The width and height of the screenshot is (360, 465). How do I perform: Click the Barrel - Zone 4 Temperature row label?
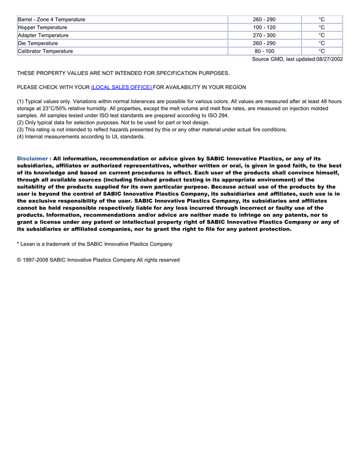51,20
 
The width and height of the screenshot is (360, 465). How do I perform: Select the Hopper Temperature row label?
42,27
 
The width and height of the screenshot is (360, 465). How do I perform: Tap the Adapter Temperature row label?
43,35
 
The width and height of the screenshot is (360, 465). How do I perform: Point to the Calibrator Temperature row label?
45,51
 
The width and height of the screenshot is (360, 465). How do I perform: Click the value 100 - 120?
264,27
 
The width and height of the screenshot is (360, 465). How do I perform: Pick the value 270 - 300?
264,35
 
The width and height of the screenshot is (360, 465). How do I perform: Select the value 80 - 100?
264,51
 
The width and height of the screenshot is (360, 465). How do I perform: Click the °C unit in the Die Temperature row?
321,43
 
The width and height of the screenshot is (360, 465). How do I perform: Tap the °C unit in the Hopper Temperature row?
321,27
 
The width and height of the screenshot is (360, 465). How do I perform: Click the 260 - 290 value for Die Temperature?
264,43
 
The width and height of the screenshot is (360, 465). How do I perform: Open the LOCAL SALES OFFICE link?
121,87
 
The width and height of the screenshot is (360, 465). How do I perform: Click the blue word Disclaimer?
33,159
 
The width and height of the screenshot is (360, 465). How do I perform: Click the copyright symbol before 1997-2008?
19,260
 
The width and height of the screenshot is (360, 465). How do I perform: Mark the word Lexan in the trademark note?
28,244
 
